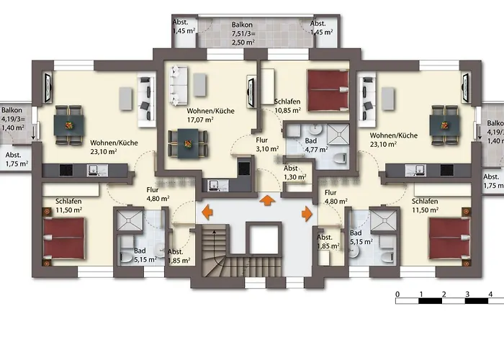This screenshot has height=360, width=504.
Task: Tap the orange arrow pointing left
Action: tap(207, 212)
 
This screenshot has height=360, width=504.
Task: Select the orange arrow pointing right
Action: tap(307, 214)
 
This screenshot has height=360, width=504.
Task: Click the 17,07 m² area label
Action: tap(201, 120)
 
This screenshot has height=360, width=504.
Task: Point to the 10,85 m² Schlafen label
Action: tap(287, 106)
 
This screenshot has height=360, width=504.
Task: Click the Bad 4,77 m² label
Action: tap(316, 145)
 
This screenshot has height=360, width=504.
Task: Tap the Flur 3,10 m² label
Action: tap(267, 145)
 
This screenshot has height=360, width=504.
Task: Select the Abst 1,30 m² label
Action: tap(294, 173)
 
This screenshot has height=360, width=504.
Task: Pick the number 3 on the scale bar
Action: tap(467, 294)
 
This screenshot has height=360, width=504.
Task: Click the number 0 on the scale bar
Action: tap(397, 294)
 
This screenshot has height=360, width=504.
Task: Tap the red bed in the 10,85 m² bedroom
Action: tap(328, 91)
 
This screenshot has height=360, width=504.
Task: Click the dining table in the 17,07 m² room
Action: tap(187, 143)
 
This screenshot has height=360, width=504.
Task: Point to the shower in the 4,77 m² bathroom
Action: tap(338, 134)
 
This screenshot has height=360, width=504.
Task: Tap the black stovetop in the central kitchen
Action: tap(244, 168)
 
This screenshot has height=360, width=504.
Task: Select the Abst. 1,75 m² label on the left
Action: tap(16, 159)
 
